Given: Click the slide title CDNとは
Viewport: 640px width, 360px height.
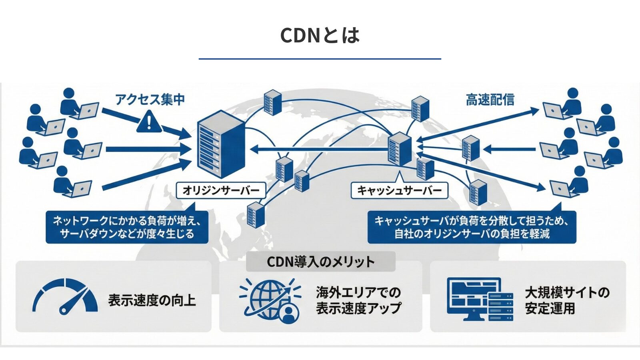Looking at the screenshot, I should point(320,35).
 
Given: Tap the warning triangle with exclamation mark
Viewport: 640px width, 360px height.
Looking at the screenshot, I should point(149,122).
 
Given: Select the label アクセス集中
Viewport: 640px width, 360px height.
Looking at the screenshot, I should point(150,99).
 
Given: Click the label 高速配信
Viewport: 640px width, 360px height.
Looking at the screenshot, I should point(490,100).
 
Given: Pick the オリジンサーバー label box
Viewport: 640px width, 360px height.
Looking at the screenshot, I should point(221,190).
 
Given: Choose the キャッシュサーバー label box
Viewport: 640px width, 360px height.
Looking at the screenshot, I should point(399,190).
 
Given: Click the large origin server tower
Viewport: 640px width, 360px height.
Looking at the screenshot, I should point(220,144).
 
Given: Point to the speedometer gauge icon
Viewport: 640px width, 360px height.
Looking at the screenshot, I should point(65,296).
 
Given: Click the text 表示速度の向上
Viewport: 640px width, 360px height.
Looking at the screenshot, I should point(152,300).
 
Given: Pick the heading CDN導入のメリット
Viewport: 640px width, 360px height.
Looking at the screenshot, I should point(320,262).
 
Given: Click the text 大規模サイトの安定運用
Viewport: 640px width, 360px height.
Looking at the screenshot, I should point(567,300).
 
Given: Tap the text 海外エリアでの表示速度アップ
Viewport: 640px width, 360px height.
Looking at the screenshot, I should point(358,300).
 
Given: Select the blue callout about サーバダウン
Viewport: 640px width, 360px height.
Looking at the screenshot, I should point(127,227).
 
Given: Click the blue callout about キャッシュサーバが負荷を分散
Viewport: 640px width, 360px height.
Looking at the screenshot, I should point(472,227).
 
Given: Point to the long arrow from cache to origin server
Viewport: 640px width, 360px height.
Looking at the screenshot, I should point(320,150).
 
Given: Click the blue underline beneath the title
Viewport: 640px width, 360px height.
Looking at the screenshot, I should point(320,59).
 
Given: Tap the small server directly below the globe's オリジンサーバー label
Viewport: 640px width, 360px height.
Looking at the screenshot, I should point(256,214).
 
